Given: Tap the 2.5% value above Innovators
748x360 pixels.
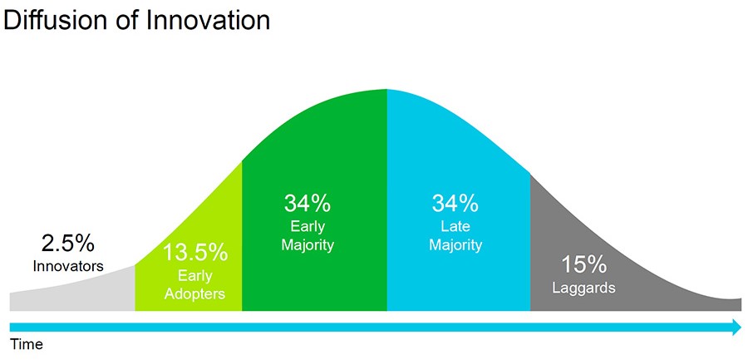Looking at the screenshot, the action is (x=68, y=244).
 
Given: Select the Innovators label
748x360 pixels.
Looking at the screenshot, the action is (x=68, y=266).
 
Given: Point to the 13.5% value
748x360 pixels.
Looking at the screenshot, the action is (x=195, y=253).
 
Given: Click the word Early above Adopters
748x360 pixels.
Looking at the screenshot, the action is (x=195, y=275).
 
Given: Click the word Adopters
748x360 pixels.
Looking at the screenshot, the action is (x=194, y=293).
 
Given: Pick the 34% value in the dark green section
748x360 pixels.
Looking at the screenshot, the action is (x=308, y=203).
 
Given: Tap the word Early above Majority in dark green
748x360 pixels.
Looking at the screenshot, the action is (x=308, y=226).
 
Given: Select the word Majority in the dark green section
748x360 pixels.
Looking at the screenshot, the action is (x=308, y=245).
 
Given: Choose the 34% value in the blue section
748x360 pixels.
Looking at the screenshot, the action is (x=455, y=203).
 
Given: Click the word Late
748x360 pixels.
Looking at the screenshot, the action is (x=455, y=226).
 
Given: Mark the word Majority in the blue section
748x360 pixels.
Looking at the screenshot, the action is (x=455, y=245).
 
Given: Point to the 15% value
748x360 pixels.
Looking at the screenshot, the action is (x=584, y=265).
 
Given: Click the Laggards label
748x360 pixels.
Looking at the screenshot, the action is (x=584, y=288).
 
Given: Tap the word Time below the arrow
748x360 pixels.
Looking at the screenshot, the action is (x=27, y=344).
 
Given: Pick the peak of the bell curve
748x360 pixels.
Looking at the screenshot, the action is (x=386, y=89).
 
